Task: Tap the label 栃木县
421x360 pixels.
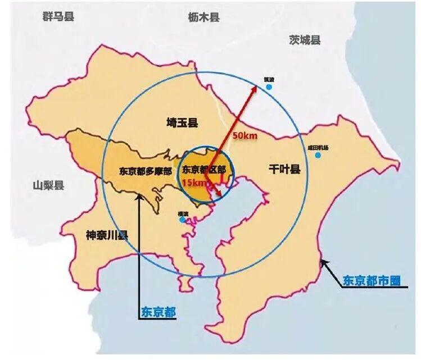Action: (x=203, y=17)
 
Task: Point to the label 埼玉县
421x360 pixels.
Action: (x=183, y=122)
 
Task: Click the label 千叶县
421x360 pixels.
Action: (x=284, y=168)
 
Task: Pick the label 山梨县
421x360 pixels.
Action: (x=48, y=185)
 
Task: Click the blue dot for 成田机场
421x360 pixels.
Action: (x=318, y=154)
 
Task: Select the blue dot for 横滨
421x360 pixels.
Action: (x=182, y=220)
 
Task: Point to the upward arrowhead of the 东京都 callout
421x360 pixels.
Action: (x=139, y=196)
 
